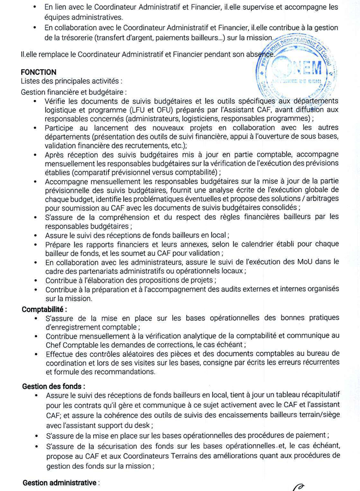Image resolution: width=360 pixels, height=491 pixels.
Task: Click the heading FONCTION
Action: (38, 72)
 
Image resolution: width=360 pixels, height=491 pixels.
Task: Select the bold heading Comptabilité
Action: (44, 309)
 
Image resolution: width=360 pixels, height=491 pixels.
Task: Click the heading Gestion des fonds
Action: (51, 386)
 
